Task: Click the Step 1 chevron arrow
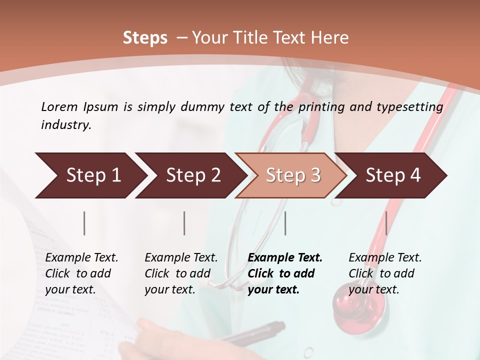[x=93, y=175]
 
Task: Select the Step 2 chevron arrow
[x=193, y=175]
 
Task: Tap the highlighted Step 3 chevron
[x=293, y=175]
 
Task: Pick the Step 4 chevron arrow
[x=393, y=175]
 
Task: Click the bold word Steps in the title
[x=145, y=38]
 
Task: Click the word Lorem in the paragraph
[x=59, y=106]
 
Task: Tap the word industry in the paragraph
[x=65, y=125]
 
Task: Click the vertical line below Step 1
[x=84, y=223]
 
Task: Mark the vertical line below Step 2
[x=184, y=223]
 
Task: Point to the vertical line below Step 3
[x=285, y=223]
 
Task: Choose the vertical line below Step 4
[x=386, y=223]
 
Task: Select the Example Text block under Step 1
[x=81, y=273]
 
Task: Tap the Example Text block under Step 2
[x=181, y=273]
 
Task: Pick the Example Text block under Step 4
[x=385, y=273]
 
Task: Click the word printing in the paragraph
[x=321, y=107]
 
